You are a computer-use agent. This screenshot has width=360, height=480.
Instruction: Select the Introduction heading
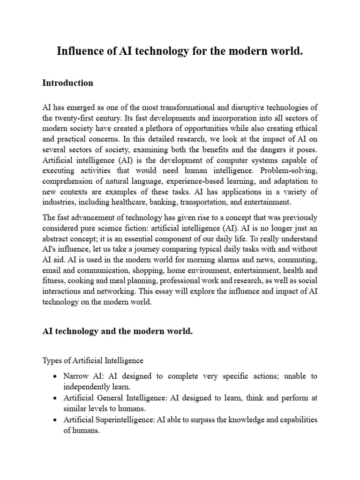67,83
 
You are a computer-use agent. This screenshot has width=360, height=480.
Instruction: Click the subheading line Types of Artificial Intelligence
93,360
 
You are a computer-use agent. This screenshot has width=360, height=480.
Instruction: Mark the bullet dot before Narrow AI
56,376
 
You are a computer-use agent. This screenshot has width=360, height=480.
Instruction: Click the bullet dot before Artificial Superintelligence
56,420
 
